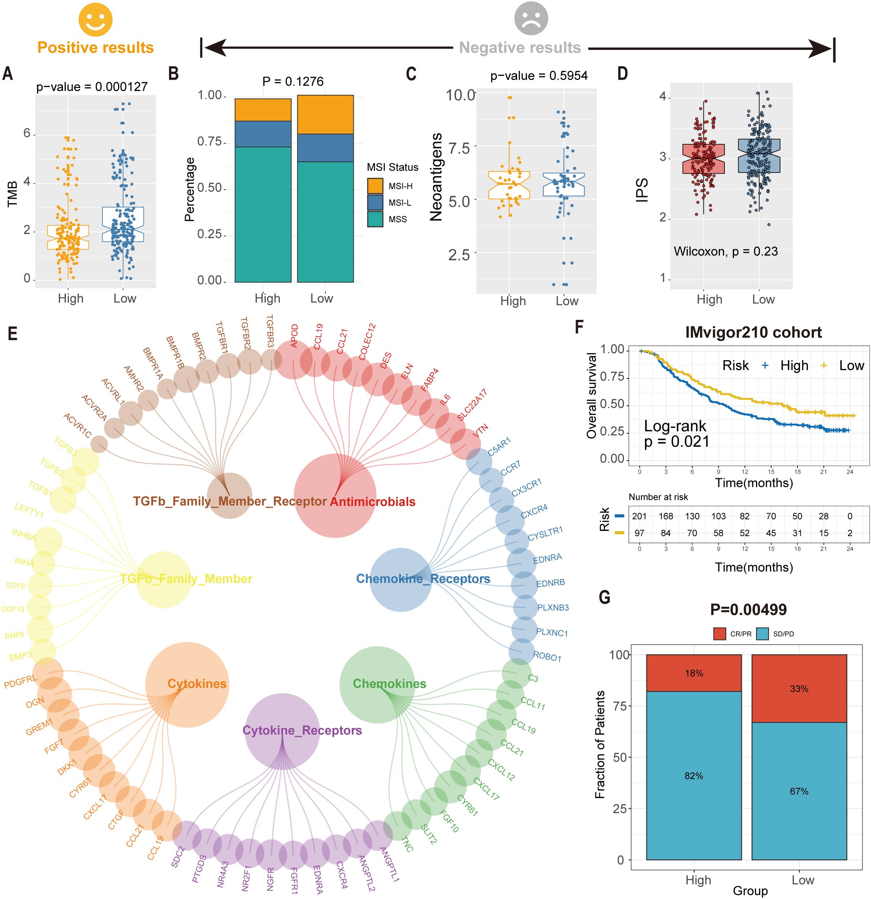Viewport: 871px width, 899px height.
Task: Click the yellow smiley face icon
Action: coord(96,19)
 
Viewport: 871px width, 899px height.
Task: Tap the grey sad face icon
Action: coord(531,18)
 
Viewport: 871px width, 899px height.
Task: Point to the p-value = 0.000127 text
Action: coord(92,87)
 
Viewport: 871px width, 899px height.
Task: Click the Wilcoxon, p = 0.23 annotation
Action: coord(726,251)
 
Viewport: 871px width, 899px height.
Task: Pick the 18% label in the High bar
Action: coord(694,673)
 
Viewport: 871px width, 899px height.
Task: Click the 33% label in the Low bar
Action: coord(799,688)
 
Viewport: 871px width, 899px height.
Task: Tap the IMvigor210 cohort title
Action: coord(753,332)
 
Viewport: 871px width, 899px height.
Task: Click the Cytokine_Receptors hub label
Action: coord(302,730)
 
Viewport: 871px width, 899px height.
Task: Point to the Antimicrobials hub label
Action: coord(372,502)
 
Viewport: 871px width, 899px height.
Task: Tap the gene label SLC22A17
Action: coord(472,405)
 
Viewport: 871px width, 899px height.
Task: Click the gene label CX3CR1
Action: coord(526,487)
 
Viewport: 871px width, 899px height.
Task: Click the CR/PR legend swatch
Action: coord(719,634)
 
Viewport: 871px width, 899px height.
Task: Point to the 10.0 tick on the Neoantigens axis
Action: coord(461,96)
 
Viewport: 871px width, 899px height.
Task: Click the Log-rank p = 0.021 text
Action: coord(676,433)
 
